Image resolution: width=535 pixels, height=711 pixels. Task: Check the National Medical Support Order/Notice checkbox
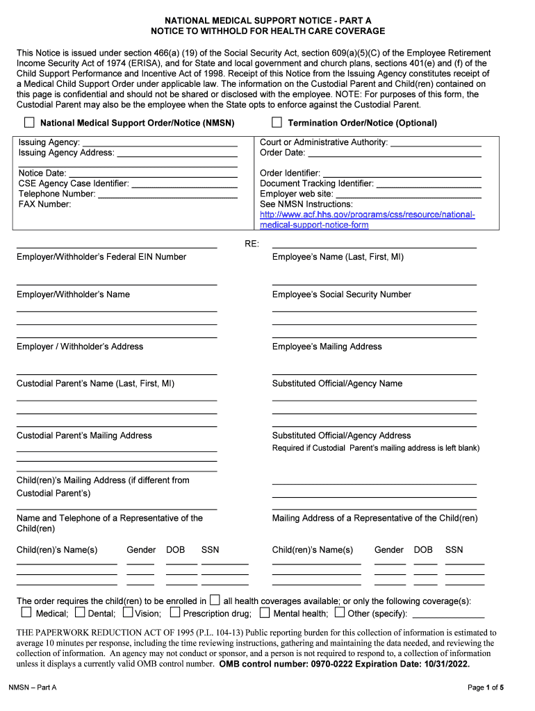[x=29, y=123]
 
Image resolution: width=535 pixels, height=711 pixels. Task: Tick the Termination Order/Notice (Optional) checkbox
[x=277, y=123]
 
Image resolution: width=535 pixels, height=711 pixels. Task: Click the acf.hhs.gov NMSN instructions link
[x=367, y=219]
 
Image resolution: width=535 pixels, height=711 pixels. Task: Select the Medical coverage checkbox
[x=26, y=612]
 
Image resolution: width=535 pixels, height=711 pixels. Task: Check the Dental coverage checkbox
[x=80, y=612]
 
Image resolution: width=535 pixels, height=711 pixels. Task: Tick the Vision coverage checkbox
[x=128, y=612]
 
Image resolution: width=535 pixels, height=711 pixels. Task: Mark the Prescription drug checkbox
[x=175, y=612]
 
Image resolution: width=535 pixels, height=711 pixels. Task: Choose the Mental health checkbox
[x=265, y=612]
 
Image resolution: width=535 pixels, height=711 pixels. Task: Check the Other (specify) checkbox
[x=340, y=612]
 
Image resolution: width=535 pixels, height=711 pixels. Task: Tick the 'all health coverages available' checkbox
[x=215, y=600]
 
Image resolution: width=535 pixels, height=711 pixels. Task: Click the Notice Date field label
[x=42, y=173]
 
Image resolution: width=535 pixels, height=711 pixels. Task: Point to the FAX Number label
[x=44, y=204]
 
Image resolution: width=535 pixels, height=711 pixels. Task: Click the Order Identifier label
[x=290, y=173]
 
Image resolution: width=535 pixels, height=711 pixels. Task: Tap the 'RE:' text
[x=252, y=244]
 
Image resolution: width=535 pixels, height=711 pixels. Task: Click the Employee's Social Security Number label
[x=341, y=294]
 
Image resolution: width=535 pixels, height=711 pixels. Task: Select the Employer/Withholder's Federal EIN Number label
[x=101, y=257]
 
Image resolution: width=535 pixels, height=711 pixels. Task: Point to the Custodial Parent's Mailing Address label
[x=84, y=435]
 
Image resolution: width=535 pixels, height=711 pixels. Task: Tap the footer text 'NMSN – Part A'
[x=33, y=687]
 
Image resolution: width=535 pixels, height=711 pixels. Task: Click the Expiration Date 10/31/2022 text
[x=415, y=664]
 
